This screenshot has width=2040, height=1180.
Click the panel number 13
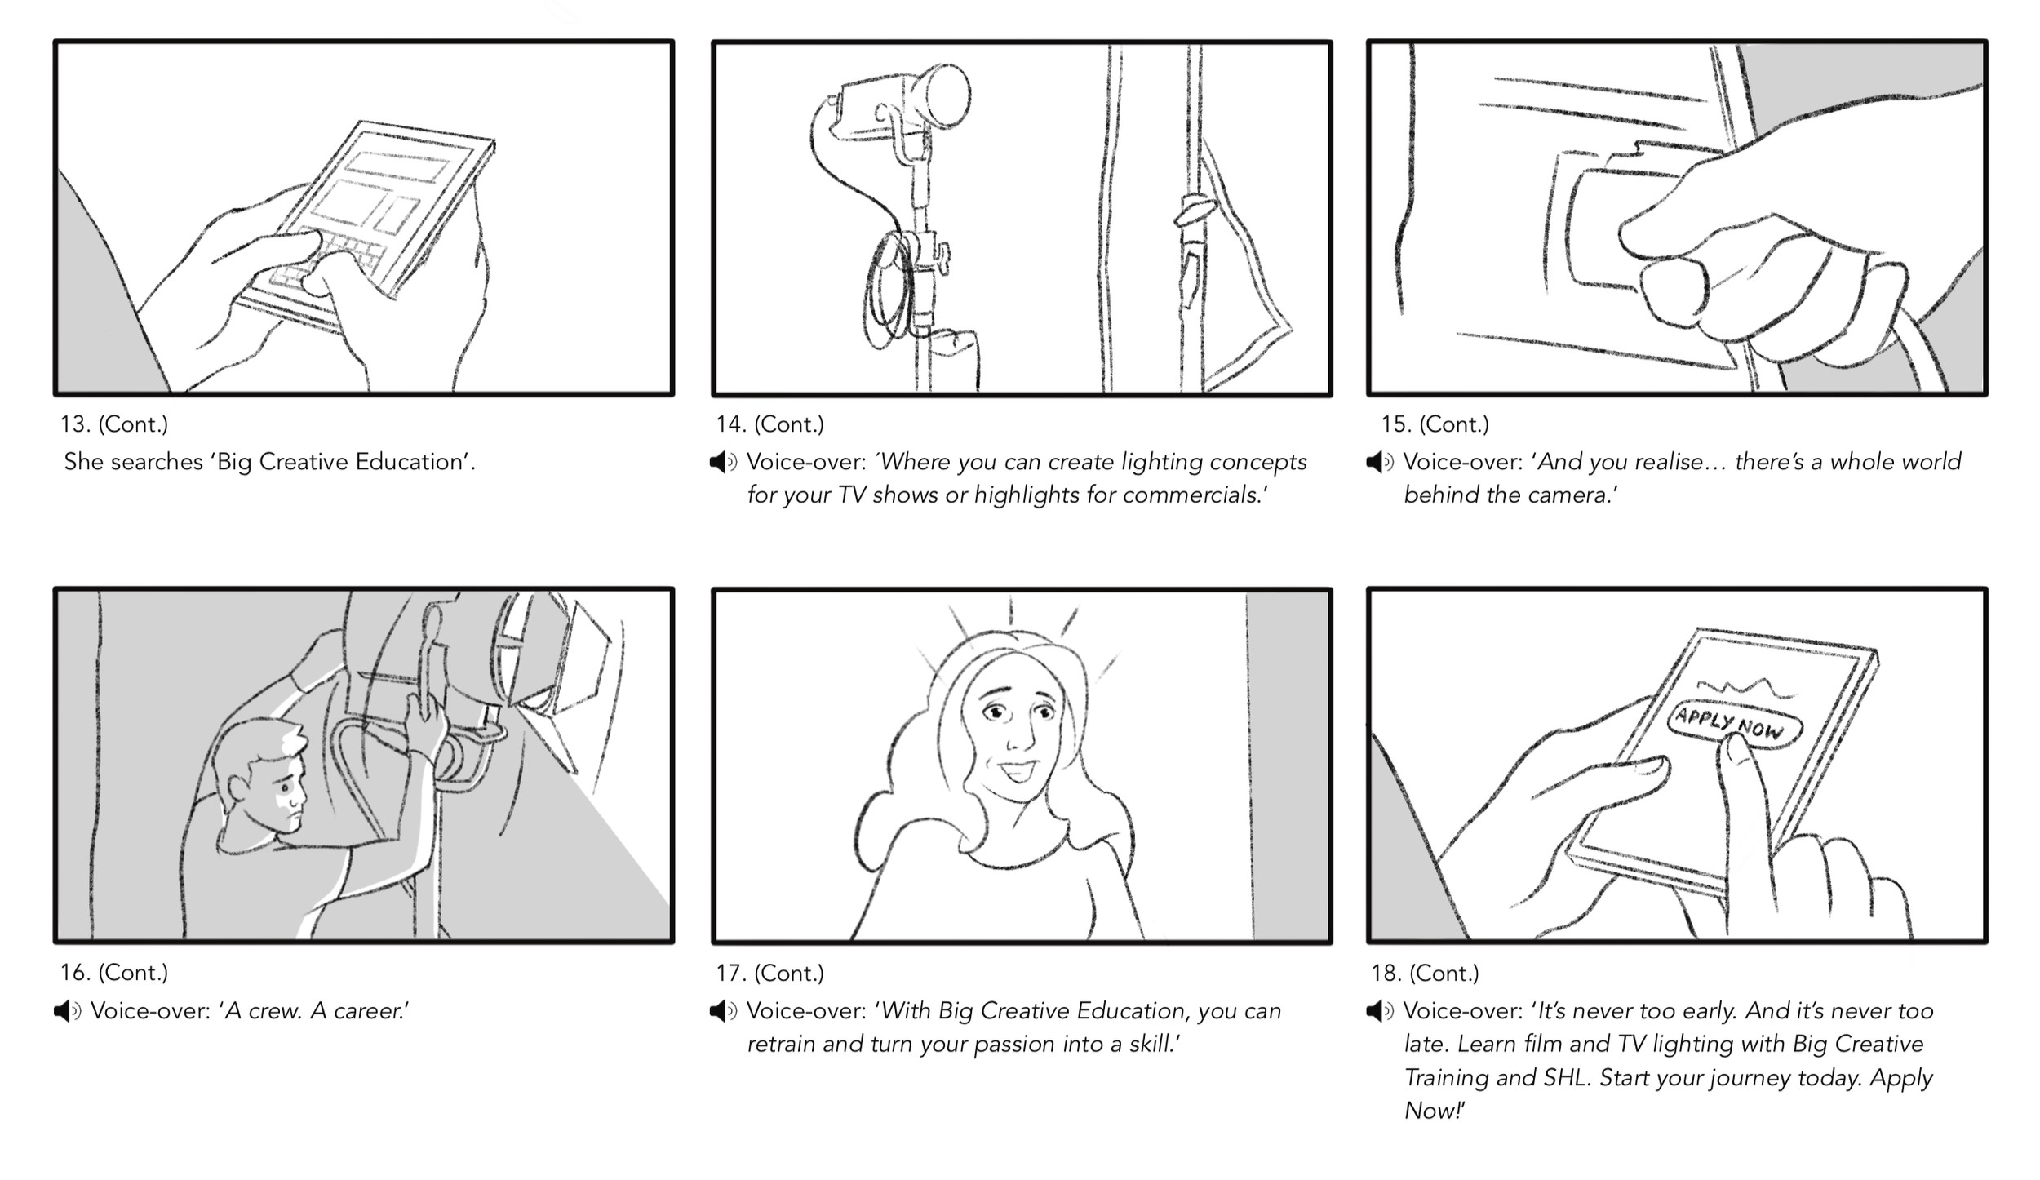tap(74, 424)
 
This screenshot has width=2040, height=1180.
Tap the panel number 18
tap(1386, 974)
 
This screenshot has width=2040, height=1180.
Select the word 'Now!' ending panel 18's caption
tap(1434, 1111)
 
